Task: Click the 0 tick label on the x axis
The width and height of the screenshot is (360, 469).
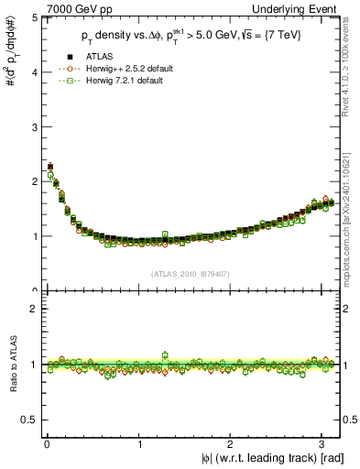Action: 46,445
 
